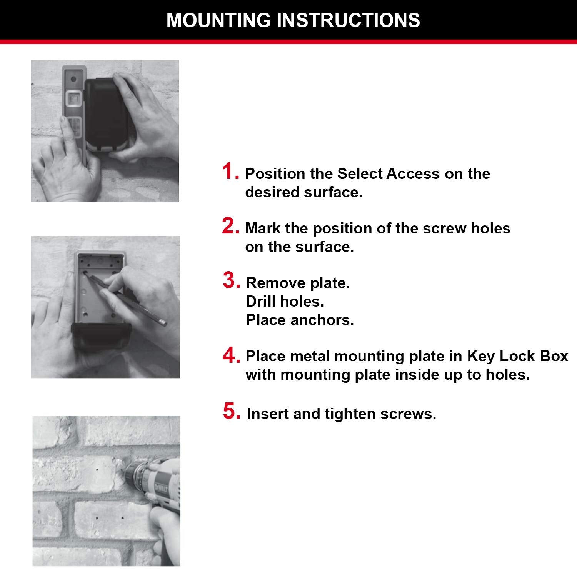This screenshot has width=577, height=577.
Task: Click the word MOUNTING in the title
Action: [218, 20]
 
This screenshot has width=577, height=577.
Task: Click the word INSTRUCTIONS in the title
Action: [348, 20]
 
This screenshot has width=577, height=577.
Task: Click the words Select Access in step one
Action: [388, 174]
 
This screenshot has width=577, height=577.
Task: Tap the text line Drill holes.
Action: [285, 302]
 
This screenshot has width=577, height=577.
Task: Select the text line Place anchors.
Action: [300, 320]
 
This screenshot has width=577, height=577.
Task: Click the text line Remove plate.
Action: [298, 283]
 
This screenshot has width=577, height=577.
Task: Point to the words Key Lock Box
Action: [517, 356]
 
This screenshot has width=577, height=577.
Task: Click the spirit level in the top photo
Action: [73, 112]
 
